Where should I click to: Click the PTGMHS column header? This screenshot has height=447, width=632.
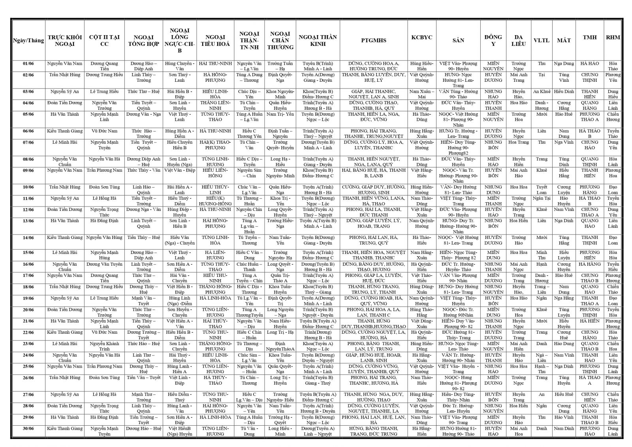click(373, 40)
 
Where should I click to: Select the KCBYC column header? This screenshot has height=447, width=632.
click(421, 38)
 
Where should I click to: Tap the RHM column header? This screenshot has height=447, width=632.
click(613, 38)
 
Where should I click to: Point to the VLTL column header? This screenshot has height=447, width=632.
click(541, 40)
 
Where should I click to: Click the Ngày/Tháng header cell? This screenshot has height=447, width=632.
click(28, 40)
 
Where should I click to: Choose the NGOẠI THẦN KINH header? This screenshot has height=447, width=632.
click(318, 40)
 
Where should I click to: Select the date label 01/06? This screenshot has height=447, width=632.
click(28, 64)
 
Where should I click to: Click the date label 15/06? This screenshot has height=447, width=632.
click(28, 253)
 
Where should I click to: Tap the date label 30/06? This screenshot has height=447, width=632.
click(28, 428)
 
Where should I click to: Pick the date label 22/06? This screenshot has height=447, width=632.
click(28, 332)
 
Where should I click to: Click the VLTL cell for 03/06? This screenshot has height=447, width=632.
click(542, 92)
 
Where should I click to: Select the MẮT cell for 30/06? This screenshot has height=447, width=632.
click(564, 428)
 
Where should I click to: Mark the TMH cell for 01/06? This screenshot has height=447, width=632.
click(589, 64)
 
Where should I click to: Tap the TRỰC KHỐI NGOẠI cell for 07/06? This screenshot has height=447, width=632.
click(65, 142)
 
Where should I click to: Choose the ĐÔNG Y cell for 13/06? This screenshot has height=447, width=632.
click(493, 223)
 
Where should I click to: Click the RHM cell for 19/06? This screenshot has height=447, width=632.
click(613, 301)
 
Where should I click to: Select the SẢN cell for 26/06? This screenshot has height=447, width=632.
click(458, 383)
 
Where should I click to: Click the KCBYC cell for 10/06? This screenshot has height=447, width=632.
click(421, 190)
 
